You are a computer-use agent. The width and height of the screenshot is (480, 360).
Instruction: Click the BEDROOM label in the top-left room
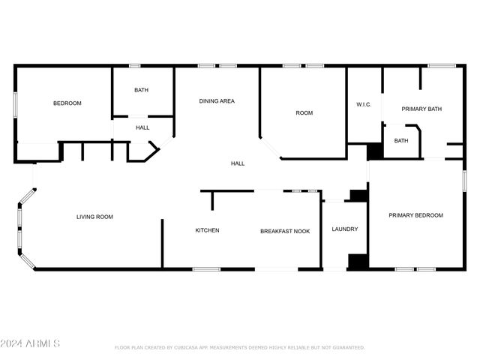67,103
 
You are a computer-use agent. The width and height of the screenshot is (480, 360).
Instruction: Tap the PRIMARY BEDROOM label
415,215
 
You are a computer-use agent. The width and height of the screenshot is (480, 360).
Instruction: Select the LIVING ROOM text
94,217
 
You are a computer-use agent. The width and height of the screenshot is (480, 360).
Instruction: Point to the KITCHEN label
207,230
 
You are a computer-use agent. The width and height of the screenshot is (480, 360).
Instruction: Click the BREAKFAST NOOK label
285,230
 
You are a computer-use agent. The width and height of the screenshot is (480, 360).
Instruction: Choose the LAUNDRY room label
345,229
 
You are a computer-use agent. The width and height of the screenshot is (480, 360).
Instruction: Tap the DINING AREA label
217,100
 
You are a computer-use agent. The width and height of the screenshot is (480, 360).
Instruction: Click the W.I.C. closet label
364,104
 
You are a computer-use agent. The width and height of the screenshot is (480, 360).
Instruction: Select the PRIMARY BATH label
421,109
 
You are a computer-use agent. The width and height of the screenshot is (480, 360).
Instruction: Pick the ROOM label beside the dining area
304,113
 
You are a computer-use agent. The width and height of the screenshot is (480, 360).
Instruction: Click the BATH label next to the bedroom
141,91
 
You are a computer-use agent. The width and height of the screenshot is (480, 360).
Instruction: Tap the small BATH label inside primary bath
401,141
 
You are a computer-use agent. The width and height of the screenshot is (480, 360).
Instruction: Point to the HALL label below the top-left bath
142,128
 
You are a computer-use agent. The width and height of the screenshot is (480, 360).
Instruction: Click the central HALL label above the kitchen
237,163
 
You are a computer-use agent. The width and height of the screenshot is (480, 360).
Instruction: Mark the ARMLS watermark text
30,344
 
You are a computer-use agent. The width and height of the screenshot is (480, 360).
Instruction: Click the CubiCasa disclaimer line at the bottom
239,348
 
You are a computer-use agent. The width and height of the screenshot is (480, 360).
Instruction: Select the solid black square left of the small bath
375,150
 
